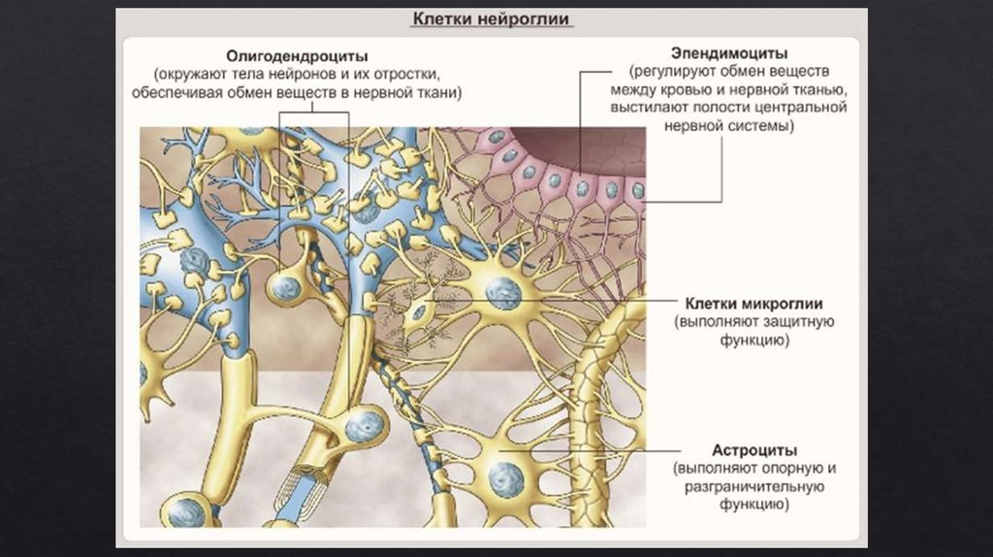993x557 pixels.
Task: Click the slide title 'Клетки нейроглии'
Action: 493,18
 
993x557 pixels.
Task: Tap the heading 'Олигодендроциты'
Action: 297,56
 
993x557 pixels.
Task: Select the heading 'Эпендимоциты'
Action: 729,51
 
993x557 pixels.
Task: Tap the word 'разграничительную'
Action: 754,487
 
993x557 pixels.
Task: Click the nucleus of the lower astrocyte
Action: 504,476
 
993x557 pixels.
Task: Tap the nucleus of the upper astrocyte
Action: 502,292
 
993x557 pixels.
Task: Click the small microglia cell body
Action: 419,311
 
